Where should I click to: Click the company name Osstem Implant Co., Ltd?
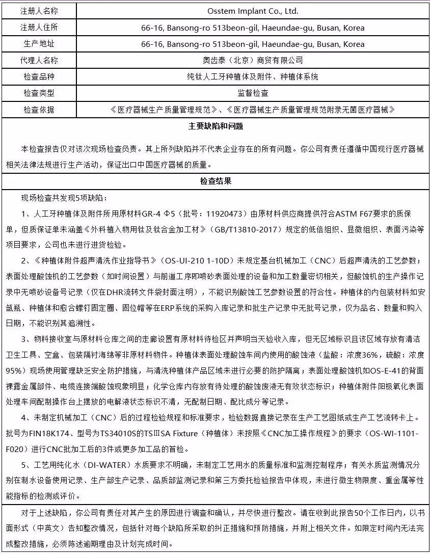253,11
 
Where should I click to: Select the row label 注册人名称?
39,11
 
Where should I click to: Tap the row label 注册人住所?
39,28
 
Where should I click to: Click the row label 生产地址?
39,44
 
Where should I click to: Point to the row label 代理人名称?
39,60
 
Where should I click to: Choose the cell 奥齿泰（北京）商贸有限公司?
253,60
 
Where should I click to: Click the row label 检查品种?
39,77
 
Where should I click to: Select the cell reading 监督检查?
253,93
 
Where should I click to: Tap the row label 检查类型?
39,93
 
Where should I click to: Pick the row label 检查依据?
39,110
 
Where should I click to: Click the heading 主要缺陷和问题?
215,126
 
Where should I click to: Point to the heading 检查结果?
215,181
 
